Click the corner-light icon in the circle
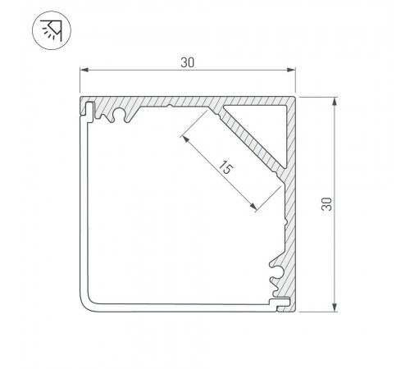[52, 30]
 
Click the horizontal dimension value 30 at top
[188, 62]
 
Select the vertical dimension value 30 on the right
[326, 204]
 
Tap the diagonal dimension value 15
[225, 168]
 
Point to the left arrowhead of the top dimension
[84, 70]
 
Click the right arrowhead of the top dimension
[291, 70]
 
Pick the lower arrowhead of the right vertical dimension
[334, 307]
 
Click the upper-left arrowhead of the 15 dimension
[185, 139]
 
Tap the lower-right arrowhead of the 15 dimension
[253, 207]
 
